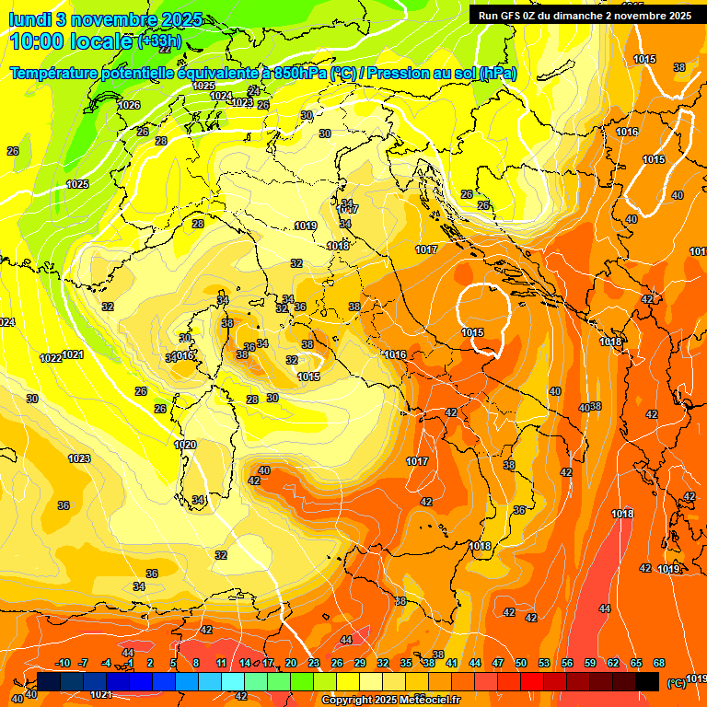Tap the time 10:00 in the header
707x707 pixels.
[39, 41]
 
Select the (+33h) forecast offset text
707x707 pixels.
[159, 41]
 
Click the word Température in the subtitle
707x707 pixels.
[56, 73]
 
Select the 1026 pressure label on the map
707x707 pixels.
[129, 105]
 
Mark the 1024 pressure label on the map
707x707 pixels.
[221, 96]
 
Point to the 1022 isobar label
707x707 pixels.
[51, 358]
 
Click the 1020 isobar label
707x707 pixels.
[185, 445]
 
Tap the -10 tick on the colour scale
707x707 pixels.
[63, 663]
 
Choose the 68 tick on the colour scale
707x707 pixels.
[659, 663]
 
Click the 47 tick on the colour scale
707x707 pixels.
[498, 663]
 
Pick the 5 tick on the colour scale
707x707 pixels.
[173, 663]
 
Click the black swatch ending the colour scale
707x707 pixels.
[647, 681]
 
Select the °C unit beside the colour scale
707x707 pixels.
[677, 683]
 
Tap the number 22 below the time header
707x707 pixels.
[166, 50]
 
